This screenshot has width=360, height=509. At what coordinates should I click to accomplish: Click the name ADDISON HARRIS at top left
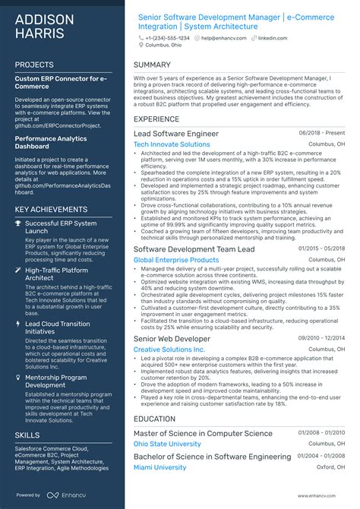(x=44, y=27)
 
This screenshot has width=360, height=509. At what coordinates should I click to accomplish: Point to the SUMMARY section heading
(x=152, y=65)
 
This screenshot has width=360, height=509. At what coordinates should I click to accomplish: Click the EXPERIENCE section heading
(x=156, y=119)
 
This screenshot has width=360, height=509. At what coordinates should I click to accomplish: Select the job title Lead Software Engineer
(x=175, y=134)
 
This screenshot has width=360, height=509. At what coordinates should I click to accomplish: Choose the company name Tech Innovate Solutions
(x=172, y=144)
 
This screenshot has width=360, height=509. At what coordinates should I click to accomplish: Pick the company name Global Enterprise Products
(x=175, y=260)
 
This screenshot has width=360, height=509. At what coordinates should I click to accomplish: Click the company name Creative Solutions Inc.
(x=169, y=349)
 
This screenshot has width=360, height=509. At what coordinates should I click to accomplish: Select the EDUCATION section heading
(x=154, y=419)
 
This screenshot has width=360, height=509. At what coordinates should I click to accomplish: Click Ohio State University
(x=167, y=444)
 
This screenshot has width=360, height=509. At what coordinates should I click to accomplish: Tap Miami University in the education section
(x=159, y=467)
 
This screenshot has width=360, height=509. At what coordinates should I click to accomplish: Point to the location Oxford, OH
(x=330, y=467)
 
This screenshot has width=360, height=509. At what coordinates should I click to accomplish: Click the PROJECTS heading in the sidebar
(x=34, y=65)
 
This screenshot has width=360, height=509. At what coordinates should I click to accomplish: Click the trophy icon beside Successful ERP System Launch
(x=18, y=223)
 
